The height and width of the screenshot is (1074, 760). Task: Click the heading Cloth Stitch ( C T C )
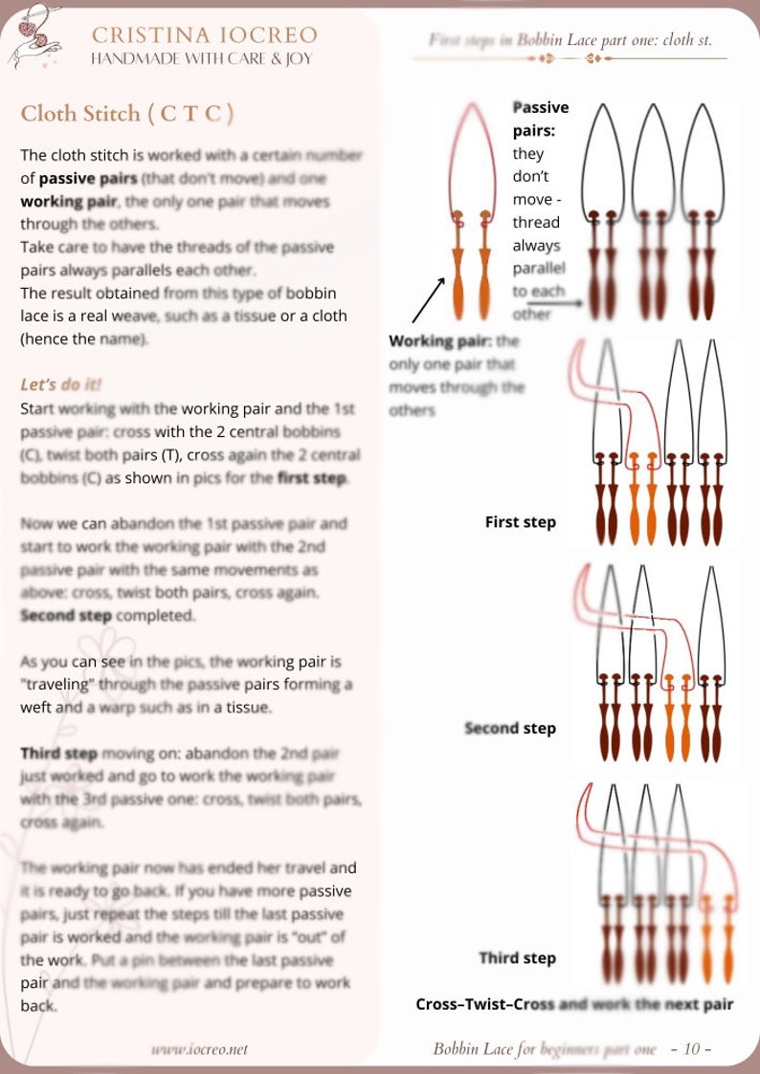pos(127,114)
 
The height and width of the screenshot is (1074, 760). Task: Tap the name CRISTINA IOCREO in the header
pos(204,35)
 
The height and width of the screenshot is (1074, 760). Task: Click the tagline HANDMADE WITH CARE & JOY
pos(200,58)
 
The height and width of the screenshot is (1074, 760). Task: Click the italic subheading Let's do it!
pos(61,384)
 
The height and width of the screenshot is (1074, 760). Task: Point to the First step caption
pos(520,522)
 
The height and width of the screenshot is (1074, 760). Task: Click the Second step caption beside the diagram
pos(509,729)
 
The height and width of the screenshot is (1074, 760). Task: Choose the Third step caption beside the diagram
pos(517,958)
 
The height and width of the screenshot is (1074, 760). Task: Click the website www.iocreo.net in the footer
pos(199,1049)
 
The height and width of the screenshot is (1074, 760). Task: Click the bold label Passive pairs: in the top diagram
pos(541,119)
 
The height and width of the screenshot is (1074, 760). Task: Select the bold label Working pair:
pos(440,341)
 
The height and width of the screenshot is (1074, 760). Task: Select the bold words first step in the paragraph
pos(312,478)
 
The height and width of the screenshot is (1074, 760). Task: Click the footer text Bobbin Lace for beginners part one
pos(545,1049)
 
